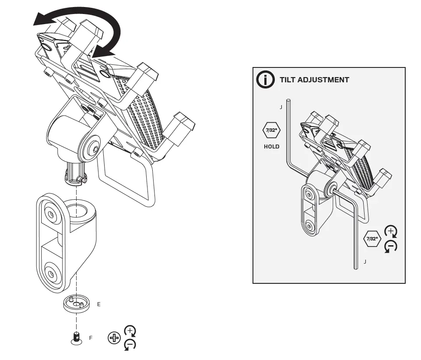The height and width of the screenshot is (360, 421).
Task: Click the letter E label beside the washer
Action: pos(99,304)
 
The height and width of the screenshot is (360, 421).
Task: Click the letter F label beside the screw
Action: pos(91,338)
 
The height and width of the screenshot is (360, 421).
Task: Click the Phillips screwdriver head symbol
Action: pos(114,338)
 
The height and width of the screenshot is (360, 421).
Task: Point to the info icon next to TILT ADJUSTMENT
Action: pos(265,80)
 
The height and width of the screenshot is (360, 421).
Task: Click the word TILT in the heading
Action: pos(289,80)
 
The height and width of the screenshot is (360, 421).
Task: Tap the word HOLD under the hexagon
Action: pos(271,147)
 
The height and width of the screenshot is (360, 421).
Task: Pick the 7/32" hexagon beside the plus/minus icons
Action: pos(372,239)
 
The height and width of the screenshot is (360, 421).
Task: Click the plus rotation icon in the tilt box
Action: pos(391,232)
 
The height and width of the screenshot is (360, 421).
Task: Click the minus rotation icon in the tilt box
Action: pos(391,247)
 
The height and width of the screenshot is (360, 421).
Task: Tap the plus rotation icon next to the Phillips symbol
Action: pos(130,331)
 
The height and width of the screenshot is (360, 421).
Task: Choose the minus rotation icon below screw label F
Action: pos(130,345)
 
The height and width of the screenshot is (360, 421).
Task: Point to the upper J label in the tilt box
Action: pos(281,107)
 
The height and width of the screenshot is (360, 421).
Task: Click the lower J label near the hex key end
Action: pos(365,261)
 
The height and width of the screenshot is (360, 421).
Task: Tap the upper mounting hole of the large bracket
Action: pos(52,214)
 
